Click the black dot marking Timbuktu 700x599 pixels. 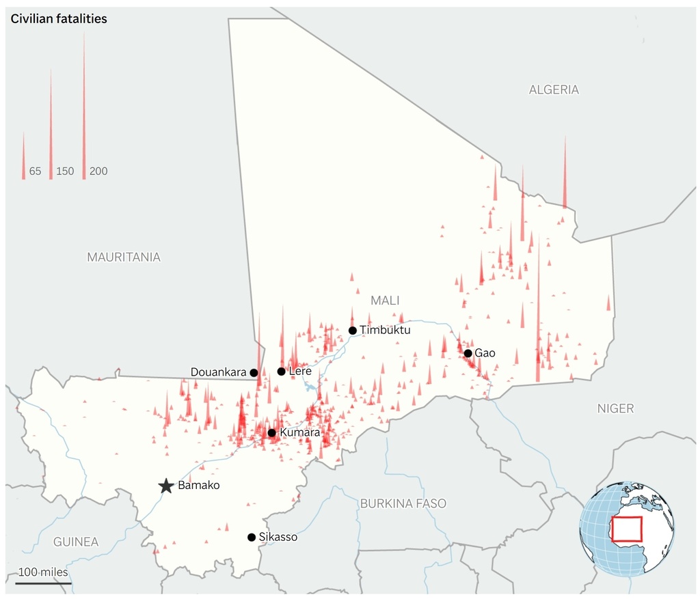point(353,331)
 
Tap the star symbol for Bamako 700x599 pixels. point(166,486)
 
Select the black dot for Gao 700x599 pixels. point(468,353)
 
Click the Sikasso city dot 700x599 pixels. point(252,538)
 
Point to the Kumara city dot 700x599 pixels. point(271,433)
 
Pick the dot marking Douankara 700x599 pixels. point(254,372)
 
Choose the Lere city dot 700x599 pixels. point(281,372)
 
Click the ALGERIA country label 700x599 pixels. point(554,89)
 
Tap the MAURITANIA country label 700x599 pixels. point(124,257)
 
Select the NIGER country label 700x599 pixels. point(615,408)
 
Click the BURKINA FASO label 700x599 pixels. point(403,503)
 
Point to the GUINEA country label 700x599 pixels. point(76,542)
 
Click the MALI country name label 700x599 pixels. point(385,301)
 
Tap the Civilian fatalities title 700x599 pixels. point(59,19)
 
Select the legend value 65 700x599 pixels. point(35,171)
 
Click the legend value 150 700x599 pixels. point(65,171)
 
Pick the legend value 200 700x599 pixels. point(98,171)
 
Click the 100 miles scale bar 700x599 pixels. point(42,583)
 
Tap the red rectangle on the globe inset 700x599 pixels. point(627,529)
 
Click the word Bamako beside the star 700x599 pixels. point(198,486)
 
